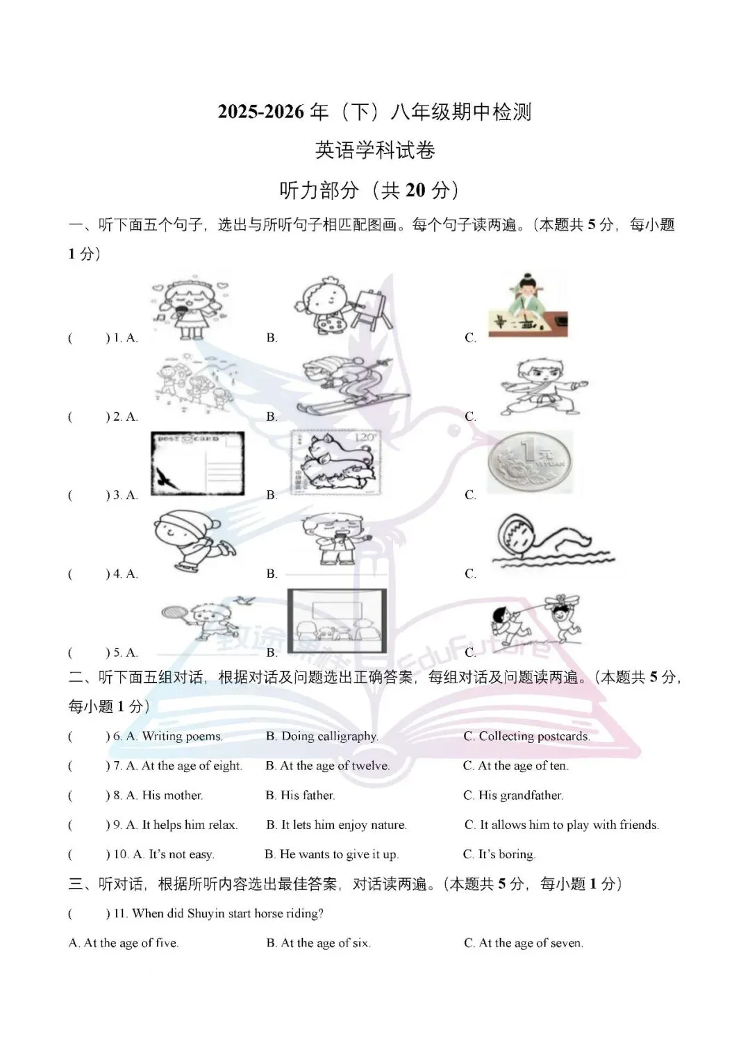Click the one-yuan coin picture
coord(531,461)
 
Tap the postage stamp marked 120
coord(335,462)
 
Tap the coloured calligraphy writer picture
coord(528,306)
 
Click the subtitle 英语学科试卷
coord(375,151)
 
